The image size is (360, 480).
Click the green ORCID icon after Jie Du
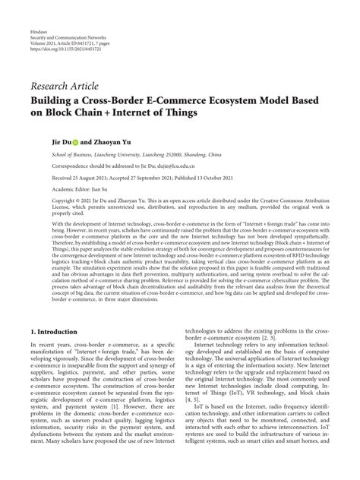click(75, 141)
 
